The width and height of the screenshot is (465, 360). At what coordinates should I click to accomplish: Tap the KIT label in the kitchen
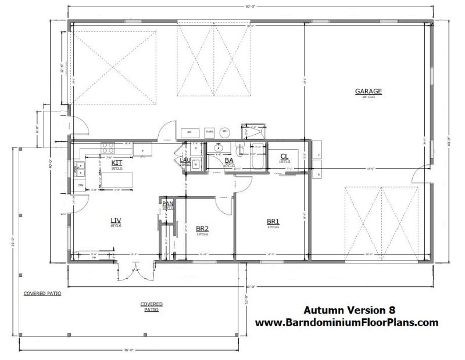116,163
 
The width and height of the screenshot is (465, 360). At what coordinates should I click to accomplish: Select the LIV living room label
115,220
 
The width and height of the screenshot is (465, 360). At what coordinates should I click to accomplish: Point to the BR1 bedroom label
273,221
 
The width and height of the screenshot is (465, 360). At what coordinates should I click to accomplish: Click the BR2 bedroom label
202,228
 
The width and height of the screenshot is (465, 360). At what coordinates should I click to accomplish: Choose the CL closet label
284,156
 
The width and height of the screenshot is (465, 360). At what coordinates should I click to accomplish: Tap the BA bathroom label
229,160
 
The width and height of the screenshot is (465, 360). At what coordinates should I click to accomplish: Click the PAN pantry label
167,204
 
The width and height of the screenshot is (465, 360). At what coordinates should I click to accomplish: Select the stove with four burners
108,147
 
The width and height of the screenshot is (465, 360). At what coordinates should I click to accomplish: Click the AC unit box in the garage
189,132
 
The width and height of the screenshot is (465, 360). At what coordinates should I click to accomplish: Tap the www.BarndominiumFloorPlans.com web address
346,323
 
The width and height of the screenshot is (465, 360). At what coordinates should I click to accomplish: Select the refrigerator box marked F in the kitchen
142,149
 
